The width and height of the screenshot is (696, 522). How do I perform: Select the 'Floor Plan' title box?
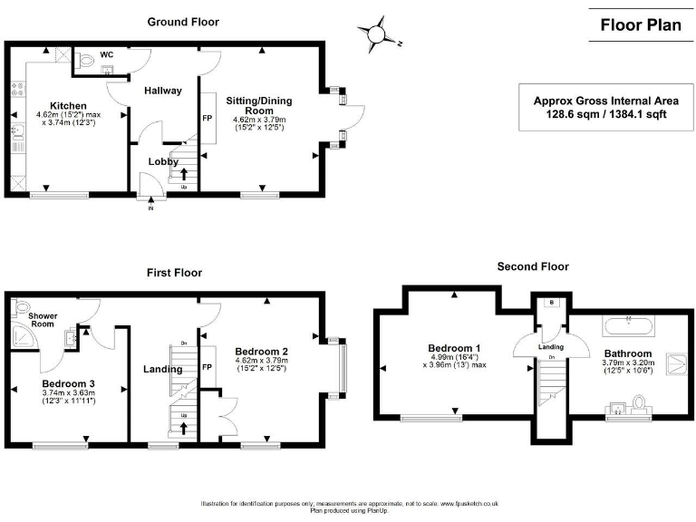click(640, 25)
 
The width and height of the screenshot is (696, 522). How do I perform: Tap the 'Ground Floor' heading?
click(183, 22)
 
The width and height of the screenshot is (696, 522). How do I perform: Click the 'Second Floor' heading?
click(533, 266)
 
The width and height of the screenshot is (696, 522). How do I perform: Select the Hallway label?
click(163, 91)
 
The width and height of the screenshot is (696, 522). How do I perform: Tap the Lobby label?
click(163, 161)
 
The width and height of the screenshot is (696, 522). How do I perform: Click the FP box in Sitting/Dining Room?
click(207, 118)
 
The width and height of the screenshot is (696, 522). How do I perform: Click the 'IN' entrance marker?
click(151, 208)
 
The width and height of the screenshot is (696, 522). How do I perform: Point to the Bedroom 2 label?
click(261, 351)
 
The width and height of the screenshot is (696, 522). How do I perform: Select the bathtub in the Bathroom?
click(626, 323)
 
